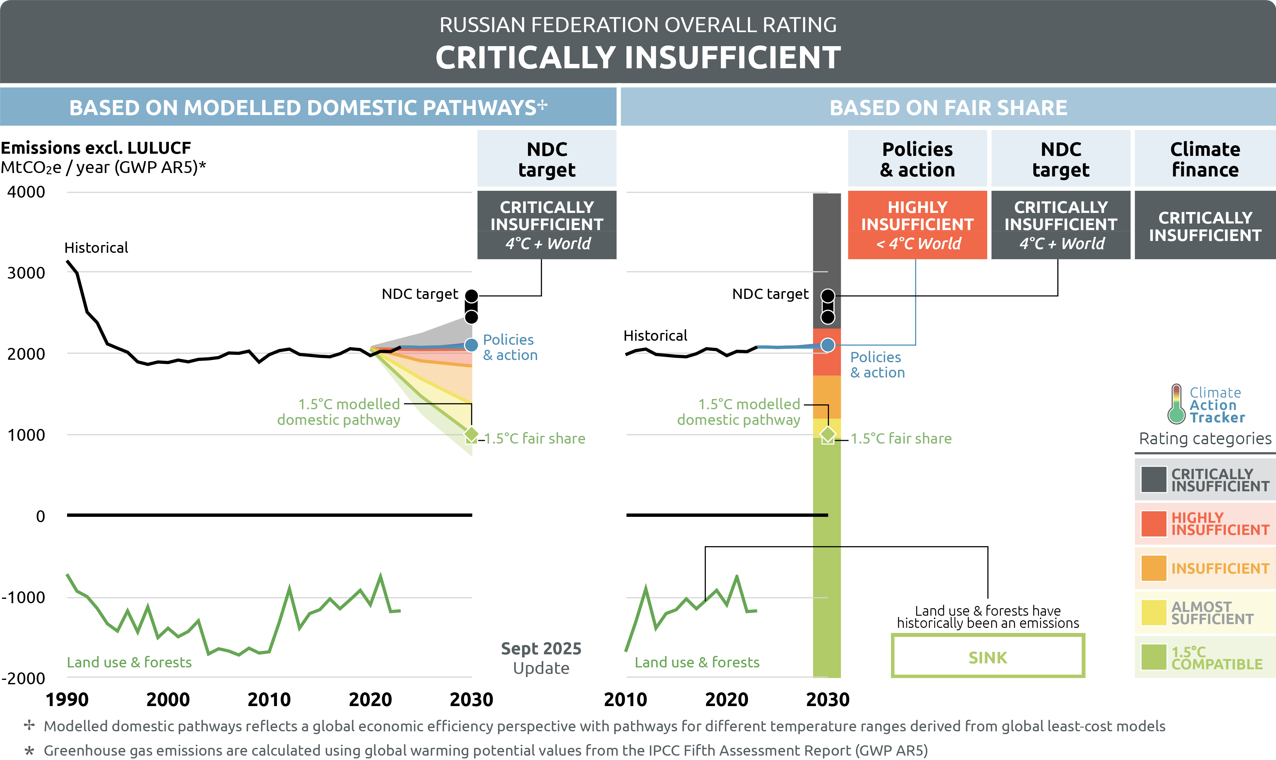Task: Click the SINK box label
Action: pyautogui.click(x=988, y=657)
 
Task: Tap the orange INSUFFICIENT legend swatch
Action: pyautogui.click(x=1153, y=568)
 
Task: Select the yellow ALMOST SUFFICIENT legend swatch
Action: pyautogui.click(x=1153, y=613)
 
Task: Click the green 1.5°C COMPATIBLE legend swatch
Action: pyautogui.click(x=1153, y=657)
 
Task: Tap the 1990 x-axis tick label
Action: pyautogui.click(x=67, y=700)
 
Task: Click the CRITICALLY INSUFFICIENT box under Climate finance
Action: pyautogui.click(x=1205, y=226)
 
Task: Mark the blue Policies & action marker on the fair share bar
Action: pyautogui.click(x=827, y=345)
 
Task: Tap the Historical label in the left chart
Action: pyautogui.click(x=96, y=248)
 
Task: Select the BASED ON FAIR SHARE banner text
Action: pyautogui.click(x=948, y=108)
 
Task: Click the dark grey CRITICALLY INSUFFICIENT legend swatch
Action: pyautogui.click(x=1153, y=479)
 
